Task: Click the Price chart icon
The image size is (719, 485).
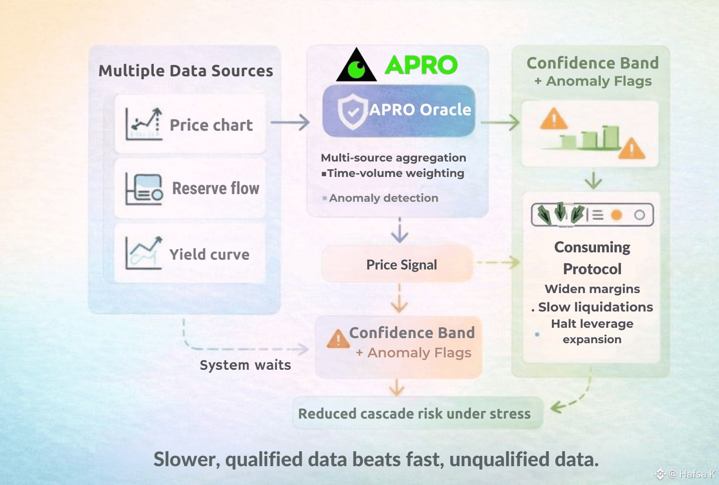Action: [x=144, y=124]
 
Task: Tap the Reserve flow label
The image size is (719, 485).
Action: [x=216, y=189]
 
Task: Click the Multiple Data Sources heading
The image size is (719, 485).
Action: [x=186, y=71]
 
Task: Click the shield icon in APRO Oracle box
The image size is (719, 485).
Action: [x=353, y=111]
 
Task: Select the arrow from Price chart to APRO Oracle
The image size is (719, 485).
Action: [x=290, y=123]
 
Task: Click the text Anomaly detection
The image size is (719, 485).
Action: [x=383, y=198]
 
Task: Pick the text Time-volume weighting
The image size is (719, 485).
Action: [x=395, y=173]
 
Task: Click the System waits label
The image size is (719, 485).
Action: [x=245, y=365]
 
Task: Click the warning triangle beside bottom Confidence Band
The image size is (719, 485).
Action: [x=338, y=339]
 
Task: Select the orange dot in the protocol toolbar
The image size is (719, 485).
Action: [x=616, y=215]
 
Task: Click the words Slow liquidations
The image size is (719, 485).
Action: [x=595, y=307]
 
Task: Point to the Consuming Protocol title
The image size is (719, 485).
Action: [x=592, y=258]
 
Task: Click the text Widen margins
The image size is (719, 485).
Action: [x=592, y=289]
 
